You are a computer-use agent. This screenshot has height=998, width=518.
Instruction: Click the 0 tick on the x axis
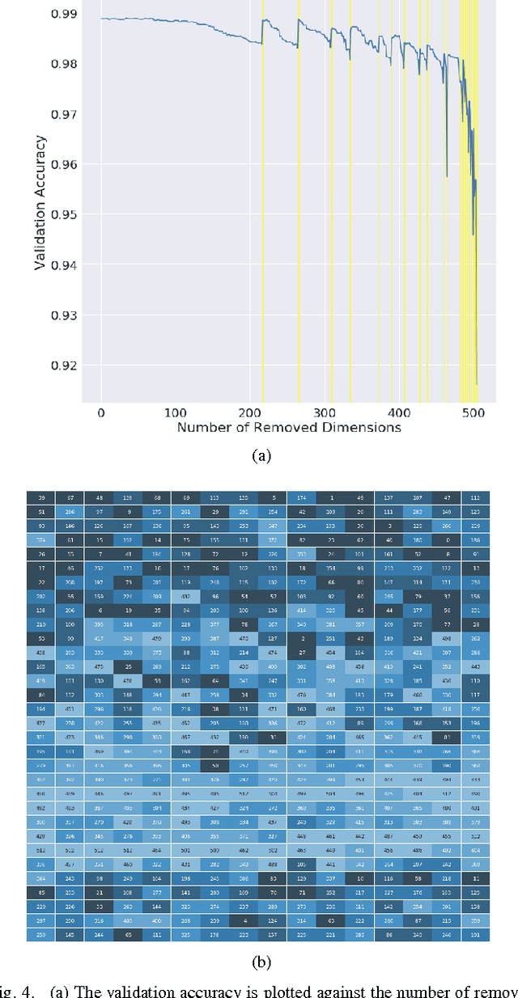coord(101,412)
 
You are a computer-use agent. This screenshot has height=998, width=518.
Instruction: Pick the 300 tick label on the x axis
coord(250,412)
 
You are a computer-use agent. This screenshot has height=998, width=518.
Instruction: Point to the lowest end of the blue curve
coord(477,383)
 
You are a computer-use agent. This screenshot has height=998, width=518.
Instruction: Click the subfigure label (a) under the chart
coord(261,456)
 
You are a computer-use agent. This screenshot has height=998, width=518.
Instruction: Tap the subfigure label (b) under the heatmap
coord(261,962)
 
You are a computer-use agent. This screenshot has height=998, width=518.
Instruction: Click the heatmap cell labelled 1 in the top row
coord(331,497)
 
